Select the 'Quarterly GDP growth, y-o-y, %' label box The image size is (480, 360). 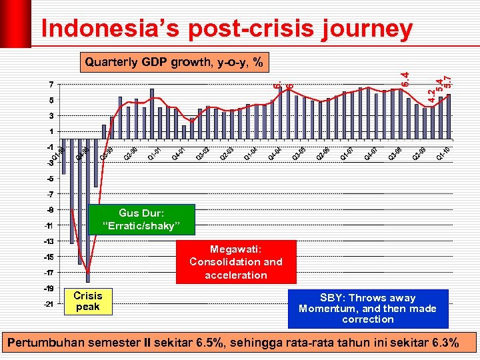[x=173, y=63]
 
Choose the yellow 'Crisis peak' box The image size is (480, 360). [x=88, y=301]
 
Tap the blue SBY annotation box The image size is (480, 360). [x=367, y=308]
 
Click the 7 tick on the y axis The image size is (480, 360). [x=51, y=85]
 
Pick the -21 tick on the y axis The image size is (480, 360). [x=49, y=304]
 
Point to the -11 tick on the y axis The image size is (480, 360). [x=49, y=225]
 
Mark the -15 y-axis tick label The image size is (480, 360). [x=49, y=257]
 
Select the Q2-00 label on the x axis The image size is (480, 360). [x=131, y=153]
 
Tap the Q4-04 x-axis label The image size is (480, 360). [x=275, y=153]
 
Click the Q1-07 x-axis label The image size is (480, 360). [x=347, y=153]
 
